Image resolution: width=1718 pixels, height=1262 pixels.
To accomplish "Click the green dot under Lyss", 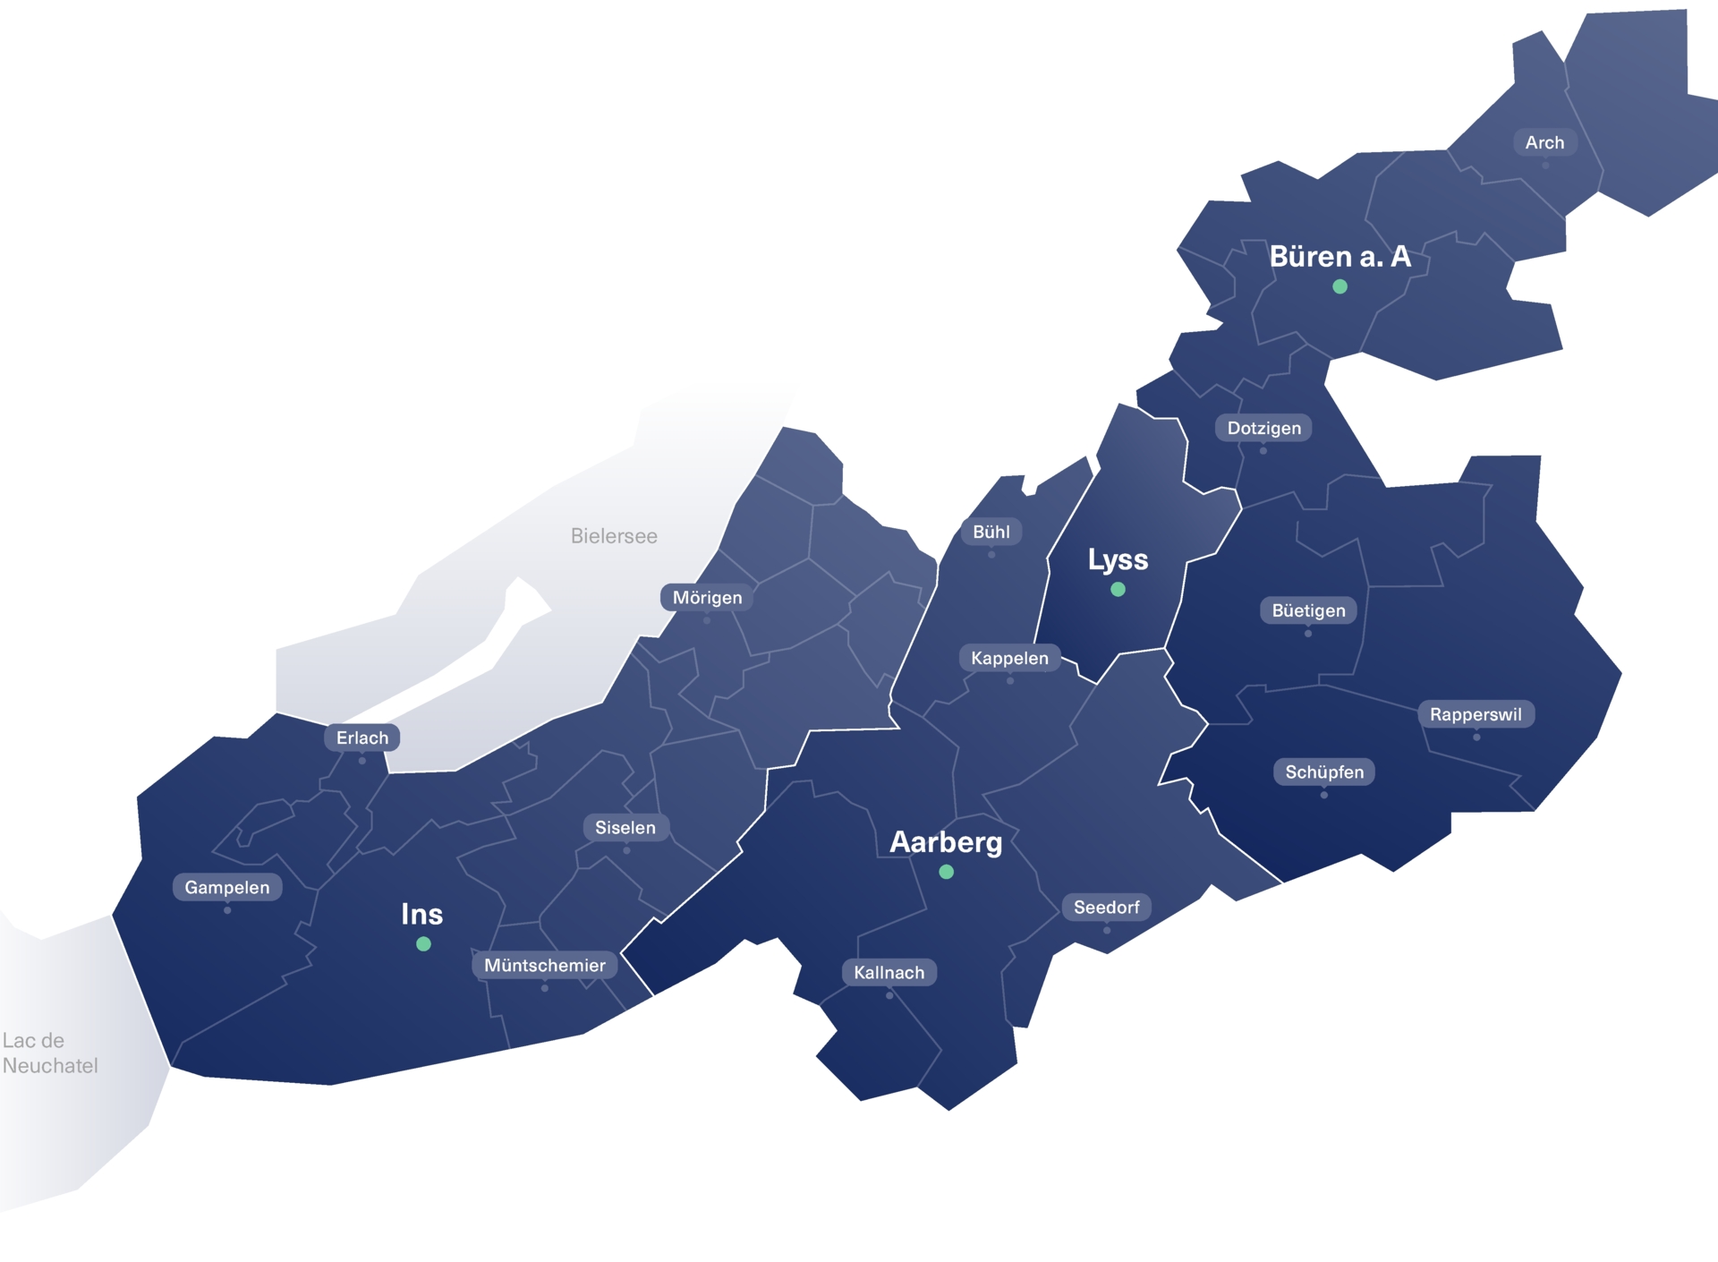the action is click(1118, 589).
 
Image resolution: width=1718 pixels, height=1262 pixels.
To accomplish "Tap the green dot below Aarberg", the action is click(946, 872).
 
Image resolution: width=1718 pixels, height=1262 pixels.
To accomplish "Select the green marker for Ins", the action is click(423, 943).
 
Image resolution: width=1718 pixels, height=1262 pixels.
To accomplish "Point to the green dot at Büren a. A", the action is click(1340, 286).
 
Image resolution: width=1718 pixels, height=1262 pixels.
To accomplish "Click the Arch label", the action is click(1544, 142).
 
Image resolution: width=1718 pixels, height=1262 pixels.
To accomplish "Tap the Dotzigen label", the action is click(1263, 428).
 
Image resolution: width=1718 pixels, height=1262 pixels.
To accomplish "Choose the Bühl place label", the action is click(991, 532).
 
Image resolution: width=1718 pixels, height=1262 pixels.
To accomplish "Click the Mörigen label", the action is click(707, 597).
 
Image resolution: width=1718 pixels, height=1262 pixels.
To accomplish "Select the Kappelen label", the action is click(1009, 658).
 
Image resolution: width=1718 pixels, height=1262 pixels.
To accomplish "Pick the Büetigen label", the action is click(1308, 610).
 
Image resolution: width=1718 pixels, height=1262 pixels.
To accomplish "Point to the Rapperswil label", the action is click(1476, 714).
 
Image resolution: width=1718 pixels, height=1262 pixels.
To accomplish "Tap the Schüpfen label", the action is click(1324, 772).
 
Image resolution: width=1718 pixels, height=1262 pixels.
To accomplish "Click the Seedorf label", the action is click(1106, 907).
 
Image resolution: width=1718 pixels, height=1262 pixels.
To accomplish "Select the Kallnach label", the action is click(889, 972).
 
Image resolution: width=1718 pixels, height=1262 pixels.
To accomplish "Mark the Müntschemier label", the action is click(544, 965).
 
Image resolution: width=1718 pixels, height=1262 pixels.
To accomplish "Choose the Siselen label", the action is click(625, 827).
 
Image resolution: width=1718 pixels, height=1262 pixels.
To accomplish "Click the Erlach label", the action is click(361, 738).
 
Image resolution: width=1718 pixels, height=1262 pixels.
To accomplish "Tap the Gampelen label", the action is click(226, 887).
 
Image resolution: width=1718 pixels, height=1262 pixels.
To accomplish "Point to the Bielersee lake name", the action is click(614, 536).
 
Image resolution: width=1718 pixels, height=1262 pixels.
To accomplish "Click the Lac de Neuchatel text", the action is click(50, 1053).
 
